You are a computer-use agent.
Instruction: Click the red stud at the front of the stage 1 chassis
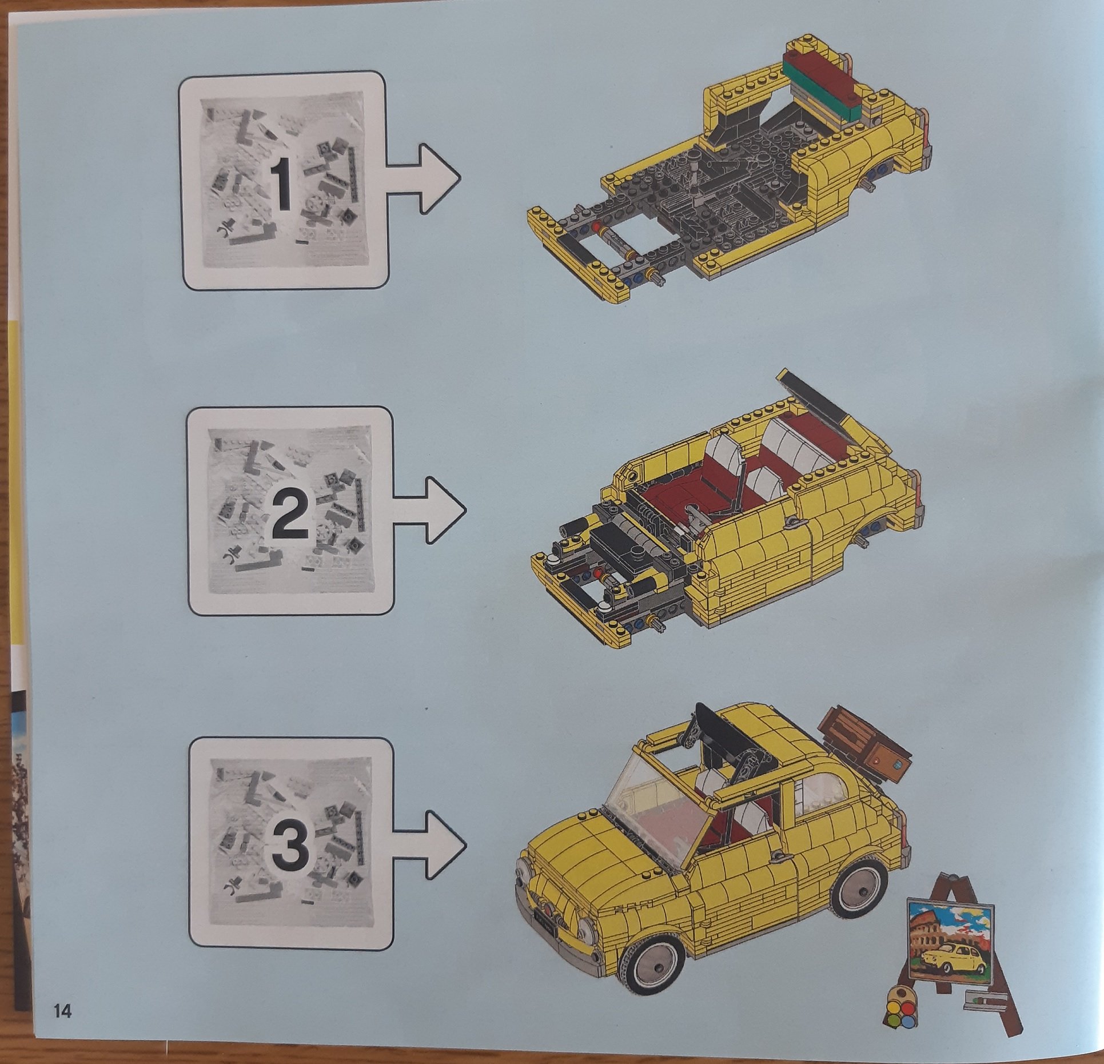pos(598,227)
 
